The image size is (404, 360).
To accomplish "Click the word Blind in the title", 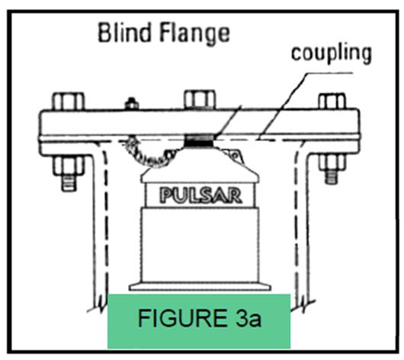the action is click(x=124, y=33).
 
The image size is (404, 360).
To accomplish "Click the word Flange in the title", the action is click(x=194, y=35).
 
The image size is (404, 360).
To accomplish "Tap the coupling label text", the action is click(x=332, y=54).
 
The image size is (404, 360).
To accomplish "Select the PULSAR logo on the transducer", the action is click(x=200, y=196).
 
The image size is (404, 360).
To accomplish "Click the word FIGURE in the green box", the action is click(x=182, y=319).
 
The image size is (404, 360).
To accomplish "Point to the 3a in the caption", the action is click(x=248, y=319).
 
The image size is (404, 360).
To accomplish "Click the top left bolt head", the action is click(x=69, y=101).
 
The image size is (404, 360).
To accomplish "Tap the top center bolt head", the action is click(x=200, y=99).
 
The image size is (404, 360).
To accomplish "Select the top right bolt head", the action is click(x=332, y=101).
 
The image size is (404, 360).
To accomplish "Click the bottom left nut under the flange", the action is click(x=69, y=165).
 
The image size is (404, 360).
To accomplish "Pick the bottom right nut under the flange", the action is click(x=332, y=162).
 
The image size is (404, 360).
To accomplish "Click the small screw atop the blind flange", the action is click(x=132, y=104).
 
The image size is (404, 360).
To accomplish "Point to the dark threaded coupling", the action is click(x=200, y=141).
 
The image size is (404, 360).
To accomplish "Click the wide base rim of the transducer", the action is click(x=200, y=287).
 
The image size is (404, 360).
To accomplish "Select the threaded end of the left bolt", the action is click(x=69, y=183).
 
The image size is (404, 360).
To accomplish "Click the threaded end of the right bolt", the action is click(x=332, y=177).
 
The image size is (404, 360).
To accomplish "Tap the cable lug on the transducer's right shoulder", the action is click(x=234, y=156).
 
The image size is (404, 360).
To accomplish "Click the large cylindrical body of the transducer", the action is click(x=200, y=245).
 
